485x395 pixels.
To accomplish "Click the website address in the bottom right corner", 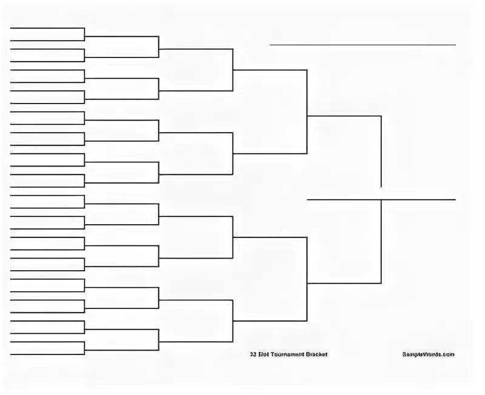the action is point(428,354).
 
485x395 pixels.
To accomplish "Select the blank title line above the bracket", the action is point(363,45).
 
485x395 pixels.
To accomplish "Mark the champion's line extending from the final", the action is point(418,199).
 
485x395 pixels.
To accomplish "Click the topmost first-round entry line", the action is point(47,28).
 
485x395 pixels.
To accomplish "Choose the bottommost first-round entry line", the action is point(47,354).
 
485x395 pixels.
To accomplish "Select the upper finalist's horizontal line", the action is point(344,115).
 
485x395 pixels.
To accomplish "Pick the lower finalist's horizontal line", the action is point(344,283).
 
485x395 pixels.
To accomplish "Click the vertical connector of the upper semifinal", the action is point(307,112).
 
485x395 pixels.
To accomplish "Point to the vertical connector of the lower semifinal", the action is point(307,279).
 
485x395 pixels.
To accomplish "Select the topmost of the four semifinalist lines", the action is point(270,70).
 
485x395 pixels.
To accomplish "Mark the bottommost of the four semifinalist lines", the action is point(270,321).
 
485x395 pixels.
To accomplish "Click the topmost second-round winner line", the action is point(121,36).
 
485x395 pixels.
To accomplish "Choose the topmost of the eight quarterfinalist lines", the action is point(196,49).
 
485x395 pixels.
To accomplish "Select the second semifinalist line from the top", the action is point(270,154).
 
